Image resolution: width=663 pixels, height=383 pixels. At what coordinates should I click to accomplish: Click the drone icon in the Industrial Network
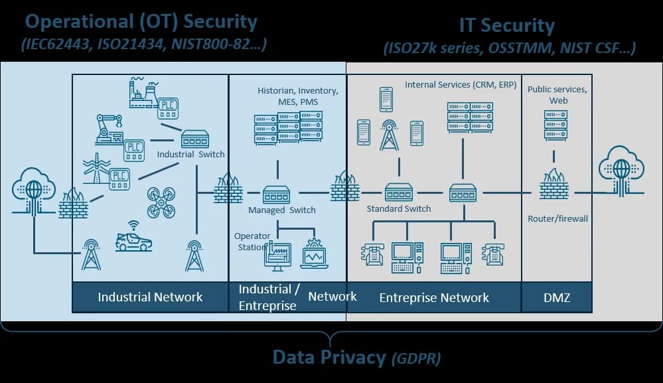coord(161,202)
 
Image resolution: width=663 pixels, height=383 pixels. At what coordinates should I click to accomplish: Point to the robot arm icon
coord(109,128)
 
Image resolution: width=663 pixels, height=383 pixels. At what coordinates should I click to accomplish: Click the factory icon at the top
coord(143,92)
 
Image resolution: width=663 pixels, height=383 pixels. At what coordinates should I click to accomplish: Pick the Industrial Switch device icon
coord(195,139)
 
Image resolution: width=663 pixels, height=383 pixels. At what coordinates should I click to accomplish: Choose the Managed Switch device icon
coord(276,194)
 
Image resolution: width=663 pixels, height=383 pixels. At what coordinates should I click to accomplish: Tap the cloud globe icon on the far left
coord(34,189)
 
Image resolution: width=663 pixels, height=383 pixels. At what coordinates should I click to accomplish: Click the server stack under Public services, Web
coord(555,125)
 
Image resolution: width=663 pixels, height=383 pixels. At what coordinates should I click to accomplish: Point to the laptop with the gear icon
coord(313,254)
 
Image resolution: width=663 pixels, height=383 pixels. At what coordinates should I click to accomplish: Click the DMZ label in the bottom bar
coord(556,297)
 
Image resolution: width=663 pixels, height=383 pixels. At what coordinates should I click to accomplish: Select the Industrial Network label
coord(150,297)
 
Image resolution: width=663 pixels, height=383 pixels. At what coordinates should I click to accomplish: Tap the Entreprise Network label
coord(434,297)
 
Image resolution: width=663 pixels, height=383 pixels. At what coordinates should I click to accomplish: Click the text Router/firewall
coord(557,218)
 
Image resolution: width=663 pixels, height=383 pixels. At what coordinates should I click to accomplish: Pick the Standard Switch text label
coord(399,208)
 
